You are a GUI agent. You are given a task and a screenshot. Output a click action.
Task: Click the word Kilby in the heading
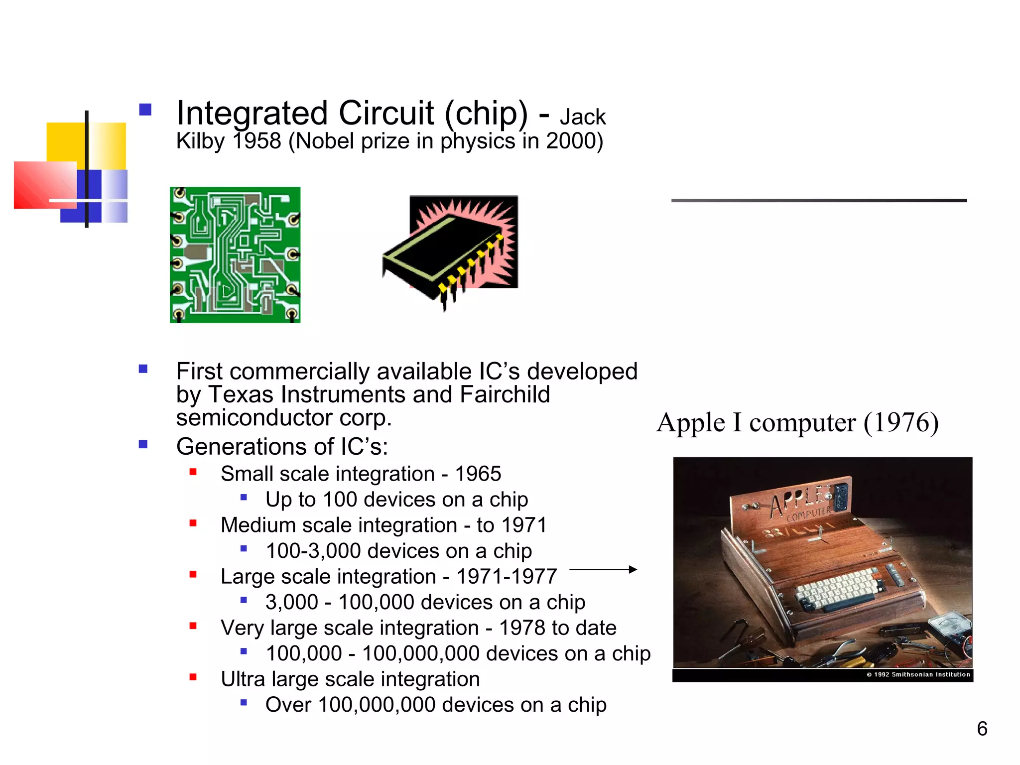click(200, 141)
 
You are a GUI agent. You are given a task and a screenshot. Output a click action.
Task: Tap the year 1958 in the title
click(257, 141)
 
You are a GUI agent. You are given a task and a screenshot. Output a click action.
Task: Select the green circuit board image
click(235, 255)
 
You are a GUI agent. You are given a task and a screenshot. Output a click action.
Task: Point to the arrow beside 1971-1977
click(603, 569)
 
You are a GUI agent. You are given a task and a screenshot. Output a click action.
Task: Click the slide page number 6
click(982, 729)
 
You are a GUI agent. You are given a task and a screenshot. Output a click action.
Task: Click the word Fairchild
click(505, 394)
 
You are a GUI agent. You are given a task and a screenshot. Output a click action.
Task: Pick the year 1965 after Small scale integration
click(478, 474)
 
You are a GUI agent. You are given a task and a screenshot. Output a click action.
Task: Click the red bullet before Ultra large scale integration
click(193, 677)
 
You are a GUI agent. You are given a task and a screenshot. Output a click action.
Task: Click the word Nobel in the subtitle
click(327, 141)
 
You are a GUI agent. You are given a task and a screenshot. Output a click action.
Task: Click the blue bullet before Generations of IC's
click(143, 444)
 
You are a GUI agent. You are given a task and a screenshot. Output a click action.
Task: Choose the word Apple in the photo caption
click(691, 423)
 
